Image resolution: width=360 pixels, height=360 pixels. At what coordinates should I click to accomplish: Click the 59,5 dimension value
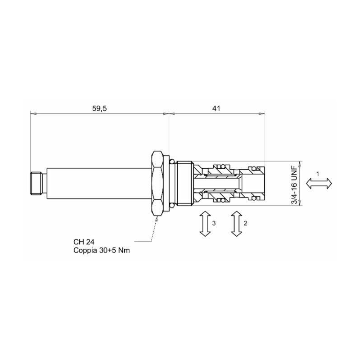point(99,108)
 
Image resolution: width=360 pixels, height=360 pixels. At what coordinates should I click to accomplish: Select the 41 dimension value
point(216,108)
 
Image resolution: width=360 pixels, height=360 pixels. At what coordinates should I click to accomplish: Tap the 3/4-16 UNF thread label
point(294,184)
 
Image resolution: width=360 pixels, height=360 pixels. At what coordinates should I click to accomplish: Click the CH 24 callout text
point(84,242)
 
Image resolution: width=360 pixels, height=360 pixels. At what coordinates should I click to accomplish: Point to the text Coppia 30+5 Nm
point(102,250)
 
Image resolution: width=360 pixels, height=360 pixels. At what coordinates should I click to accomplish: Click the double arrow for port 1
point(319,184)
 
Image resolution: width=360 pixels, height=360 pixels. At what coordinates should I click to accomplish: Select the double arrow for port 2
point(237,224)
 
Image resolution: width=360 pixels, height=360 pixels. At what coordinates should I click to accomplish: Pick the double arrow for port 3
point(205,224)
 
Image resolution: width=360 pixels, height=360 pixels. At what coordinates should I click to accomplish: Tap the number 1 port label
point(318,174)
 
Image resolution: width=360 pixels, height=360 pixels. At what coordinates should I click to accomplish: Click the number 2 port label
point(245,223)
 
